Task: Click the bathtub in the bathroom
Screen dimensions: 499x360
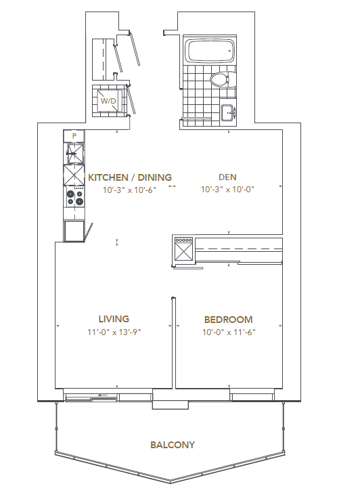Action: (209, 51)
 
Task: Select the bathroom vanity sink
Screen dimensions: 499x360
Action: (229, 112)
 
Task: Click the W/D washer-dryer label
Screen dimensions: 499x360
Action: (108, 102)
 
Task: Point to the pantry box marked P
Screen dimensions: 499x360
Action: (74, 136)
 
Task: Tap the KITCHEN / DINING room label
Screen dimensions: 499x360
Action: (130, 177)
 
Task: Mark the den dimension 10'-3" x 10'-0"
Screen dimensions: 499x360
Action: (227, 190)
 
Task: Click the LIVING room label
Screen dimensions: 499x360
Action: (113, 319)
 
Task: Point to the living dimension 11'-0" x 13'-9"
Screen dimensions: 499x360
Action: (113, 332)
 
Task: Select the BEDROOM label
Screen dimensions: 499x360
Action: (229, 320)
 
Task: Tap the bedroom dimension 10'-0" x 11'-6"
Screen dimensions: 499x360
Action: (229, 332)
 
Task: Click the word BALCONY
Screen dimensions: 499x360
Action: (173, 445)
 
